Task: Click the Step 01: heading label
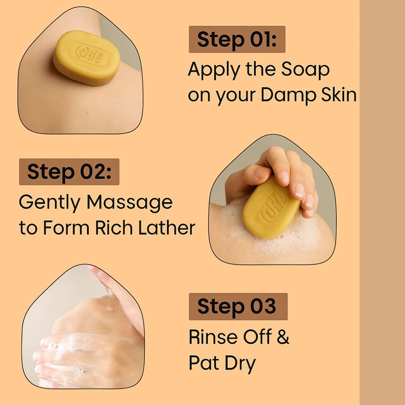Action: (237, 39)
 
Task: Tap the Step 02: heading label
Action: (69, 172)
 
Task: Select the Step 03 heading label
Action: (238, 306)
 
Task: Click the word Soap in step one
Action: (305, 70)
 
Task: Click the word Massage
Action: (130, 203)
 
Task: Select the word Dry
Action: (240, 364)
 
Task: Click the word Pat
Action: (204, 363)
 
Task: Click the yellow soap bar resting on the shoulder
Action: (87, 58)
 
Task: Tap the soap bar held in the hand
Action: (271, 207)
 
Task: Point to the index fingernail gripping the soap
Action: (299, 190)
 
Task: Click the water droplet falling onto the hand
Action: (109, 307)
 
